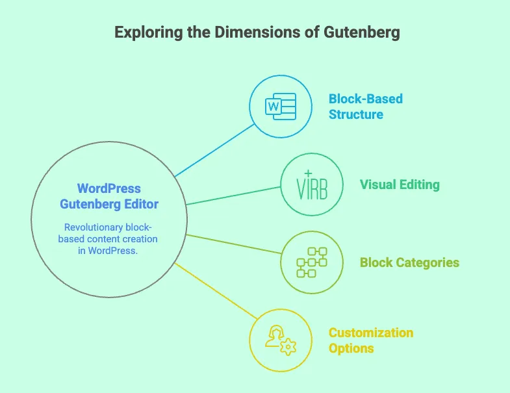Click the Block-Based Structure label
point(365,107)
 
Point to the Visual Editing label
point(400,184)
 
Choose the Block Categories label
point(409,262)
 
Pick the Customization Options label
point(370,340)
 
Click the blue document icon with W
point(281,106)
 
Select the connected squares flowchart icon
point(311,262)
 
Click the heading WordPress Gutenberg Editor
point(109,196)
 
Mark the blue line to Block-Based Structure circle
point(214,148)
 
